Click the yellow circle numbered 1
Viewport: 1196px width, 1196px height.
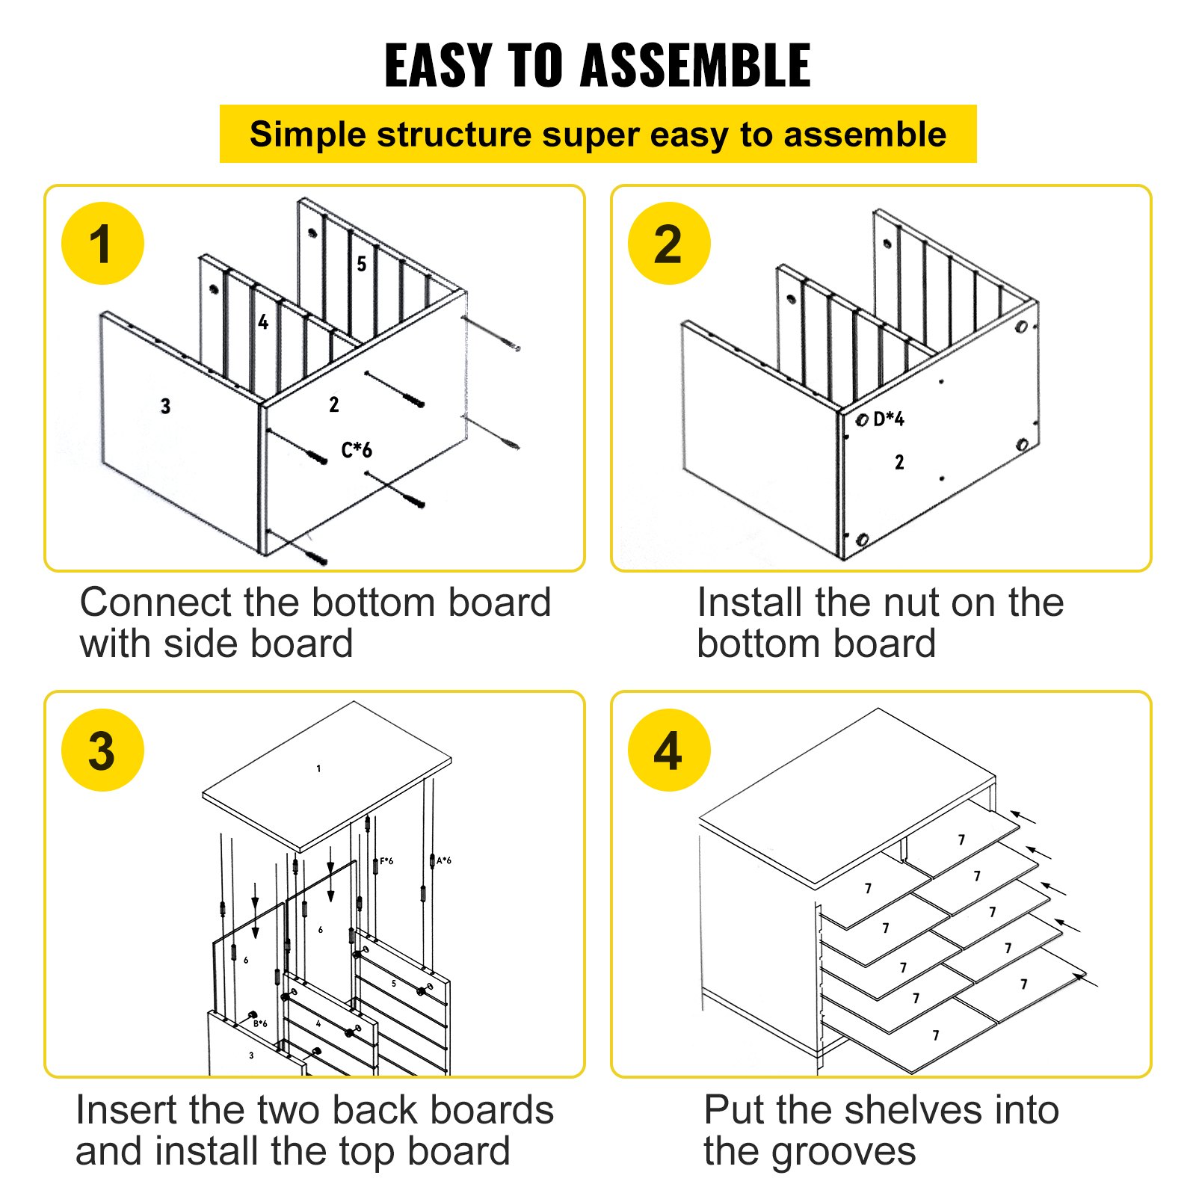(x=102, y=244)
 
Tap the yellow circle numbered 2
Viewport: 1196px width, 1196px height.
(x=668, y=244)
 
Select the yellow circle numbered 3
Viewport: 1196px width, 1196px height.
(x=102, y=750)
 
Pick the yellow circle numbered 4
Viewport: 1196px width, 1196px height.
(x=668, y=750)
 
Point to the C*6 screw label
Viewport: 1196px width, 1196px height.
(x=357, y=450)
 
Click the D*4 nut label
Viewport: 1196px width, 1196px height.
(x=889, y=419)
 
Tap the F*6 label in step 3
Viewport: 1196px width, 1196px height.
(x=386, y=861)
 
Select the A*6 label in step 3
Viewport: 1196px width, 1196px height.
(x=444, y=860)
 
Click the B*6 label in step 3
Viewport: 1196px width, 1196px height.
(x=260, y=1023)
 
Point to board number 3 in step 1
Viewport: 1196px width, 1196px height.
(x=165, y=407)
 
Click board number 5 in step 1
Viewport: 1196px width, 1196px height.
(x=362, y=264)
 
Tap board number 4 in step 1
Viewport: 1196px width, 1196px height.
(x=263, y=322)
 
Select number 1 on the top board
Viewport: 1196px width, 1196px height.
(x=318, y=768)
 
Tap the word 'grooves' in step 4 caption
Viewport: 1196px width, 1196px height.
(x=843, y=1151)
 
